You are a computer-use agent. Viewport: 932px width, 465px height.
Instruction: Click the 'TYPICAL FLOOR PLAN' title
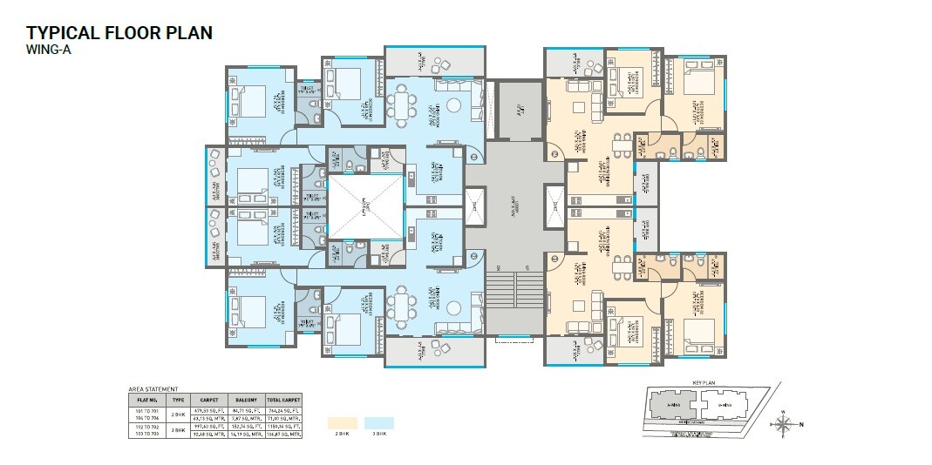pos(119,33)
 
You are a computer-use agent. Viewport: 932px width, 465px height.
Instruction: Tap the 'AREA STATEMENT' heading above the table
pos(153,389)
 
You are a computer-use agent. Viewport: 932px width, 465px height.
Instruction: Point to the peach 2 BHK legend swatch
pos(343,422)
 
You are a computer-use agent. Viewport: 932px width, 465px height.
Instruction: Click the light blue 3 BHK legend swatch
pos(379,422)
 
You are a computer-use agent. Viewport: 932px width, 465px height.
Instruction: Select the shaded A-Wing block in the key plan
pos(671,406)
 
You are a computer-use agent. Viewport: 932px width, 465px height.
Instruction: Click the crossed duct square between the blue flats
pos(364,206)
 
